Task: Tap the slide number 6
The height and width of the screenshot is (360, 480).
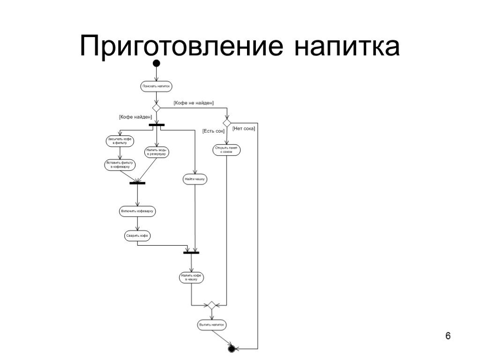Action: click(448, 336)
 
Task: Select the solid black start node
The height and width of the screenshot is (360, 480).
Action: click(157, 63)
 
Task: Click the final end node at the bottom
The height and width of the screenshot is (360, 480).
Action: click(231, 349)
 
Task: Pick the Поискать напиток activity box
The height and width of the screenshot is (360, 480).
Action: click(157, 86)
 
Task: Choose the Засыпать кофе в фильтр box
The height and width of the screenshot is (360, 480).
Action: click(120, 141)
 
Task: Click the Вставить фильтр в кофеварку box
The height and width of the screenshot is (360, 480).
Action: click(120, 165)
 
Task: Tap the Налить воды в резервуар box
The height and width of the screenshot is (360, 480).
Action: click(157, 152)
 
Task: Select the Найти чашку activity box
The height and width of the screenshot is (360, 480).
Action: click(195, 179)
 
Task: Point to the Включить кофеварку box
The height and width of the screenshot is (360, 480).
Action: click(137, 211)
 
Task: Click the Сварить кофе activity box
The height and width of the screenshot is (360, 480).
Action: click(137, 236)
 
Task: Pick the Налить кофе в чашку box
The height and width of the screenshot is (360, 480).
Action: click(192, 277)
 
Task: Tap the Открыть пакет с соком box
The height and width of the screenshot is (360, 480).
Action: click(226, 150)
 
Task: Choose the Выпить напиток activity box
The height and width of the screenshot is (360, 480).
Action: click(211, 324)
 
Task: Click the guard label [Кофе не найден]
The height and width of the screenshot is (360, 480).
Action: click(194, 103)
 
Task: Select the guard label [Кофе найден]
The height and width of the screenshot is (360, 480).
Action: click(135, 117)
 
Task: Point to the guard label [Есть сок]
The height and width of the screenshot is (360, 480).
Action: click(213, 131)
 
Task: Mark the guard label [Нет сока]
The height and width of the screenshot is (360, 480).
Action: click(244, 128)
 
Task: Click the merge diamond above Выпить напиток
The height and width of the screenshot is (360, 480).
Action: click(211, 305)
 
